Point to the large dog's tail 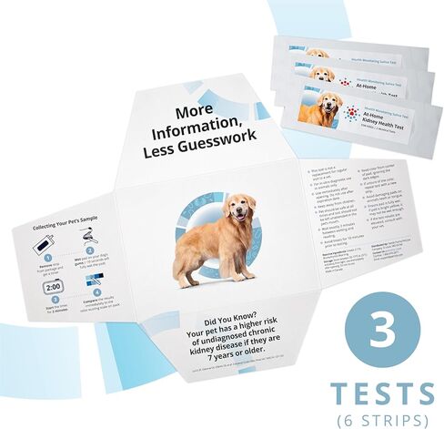[x=177, y=240]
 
